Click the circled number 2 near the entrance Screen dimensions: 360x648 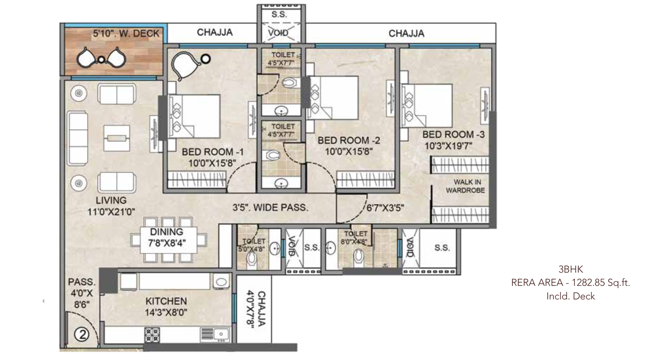pyautogui.click(x=82, y=334)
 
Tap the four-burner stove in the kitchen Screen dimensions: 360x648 pyautogui.click(x=152, y=335)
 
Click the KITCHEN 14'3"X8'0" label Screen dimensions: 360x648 pyautogui.click(x=166, y=307)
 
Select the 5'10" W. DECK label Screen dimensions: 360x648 pyautogui.click(x=126, y=34)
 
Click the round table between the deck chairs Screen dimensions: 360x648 pyautogui.click(x=101, y=60)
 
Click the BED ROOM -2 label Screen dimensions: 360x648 pyautogui.click(x=349, y=141)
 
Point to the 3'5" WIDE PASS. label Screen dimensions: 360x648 pyautogui.click(x=270, y=208)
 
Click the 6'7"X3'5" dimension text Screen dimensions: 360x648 pyautogui.click(x=385, y=209)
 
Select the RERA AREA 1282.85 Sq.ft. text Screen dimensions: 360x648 pyautogui.click(x=570, y=283)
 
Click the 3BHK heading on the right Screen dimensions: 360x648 pyautogui.click(x=570, y=269)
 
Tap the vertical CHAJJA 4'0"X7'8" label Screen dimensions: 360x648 pyautogui.click(x=256, y=309)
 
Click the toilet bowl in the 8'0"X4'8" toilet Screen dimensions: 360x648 pyautogui.click(x=358, y=256)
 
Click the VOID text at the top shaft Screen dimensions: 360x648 pyautogui.click(x=279, y=33)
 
